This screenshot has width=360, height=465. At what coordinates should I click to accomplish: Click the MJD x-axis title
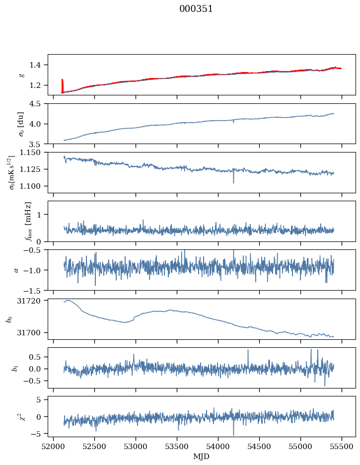(x=202, y=456)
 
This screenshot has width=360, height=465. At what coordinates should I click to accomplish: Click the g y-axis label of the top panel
(x=21, y=75)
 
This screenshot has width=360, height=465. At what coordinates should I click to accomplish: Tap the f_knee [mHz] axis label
(x=28, y=221)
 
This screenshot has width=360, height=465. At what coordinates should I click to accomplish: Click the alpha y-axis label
(x=16, y=270)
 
